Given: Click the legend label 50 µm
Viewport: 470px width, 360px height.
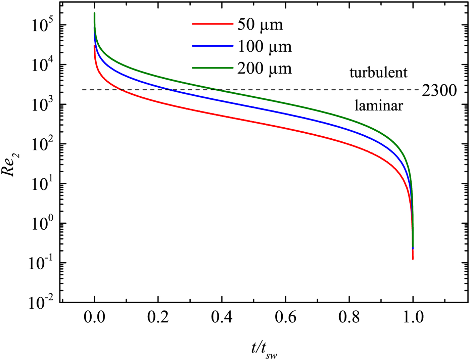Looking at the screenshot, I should (260, 25).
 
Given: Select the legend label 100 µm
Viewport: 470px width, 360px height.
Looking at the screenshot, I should (265, 47).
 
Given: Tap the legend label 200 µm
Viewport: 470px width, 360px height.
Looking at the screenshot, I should (265, 69).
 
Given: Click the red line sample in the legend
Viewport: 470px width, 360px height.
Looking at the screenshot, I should (212, 24).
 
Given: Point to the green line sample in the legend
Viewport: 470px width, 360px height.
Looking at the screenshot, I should (212, 68).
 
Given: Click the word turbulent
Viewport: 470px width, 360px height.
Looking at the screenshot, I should (378, 73).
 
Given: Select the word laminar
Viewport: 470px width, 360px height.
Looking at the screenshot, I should (379, 106).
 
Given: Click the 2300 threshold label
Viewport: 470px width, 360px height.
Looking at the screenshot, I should (439, 91).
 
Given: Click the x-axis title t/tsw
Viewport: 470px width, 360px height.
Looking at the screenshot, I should (264, 349).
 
